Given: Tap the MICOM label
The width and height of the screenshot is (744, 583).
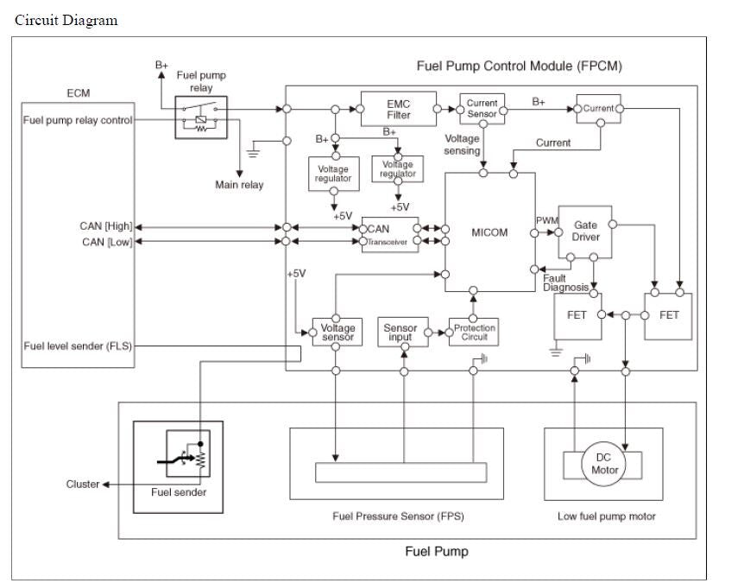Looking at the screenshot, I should pos(489,232).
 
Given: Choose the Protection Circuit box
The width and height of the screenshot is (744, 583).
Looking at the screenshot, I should pos(475,333).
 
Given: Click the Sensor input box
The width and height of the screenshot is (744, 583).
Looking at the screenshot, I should pos(400,333).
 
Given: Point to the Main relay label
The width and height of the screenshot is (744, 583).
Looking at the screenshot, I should pos(239,185).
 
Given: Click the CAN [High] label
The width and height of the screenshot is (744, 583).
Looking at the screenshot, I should pos(106,226).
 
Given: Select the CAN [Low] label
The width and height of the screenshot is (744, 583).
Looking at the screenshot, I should pos(106,242).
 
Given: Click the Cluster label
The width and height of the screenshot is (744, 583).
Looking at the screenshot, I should pos(83,484).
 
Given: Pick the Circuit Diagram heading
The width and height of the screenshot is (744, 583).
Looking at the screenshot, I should pos(66,20).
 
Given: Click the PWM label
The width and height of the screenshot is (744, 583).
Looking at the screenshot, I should pos(547,221).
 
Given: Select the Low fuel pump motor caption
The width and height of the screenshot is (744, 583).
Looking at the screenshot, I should pos(607,516).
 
